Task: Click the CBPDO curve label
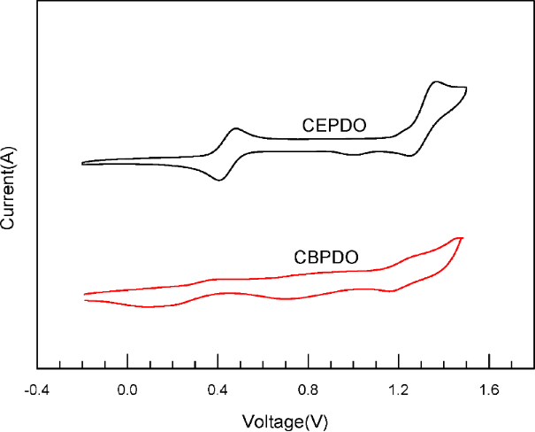point(325,258)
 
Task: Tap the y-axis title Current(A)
point(8,188)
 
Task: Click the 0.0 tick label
point(128,390)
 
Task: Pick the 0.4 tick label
point(218,390)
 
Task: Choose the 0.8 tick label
point(309,390)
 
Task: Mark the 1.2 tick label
point(399,390)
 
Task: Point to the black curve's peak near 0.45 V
point(236,129)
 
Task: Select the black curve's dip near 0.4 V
point(218,181)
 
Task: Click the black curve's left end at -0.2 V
point(82,164)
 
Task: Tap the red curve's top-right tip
point(461,238)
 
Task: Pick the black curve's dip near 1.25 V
point(410,157)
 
